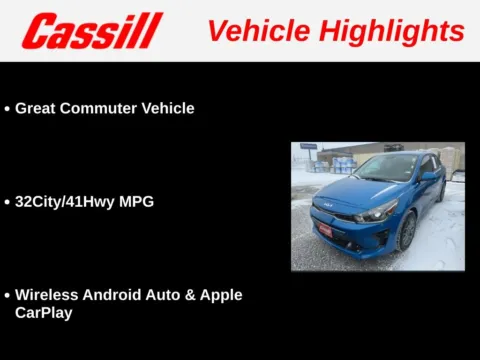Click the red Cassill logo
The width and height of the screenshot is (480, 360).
(91, 31)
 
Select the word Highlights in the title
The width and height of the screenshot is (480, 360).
(396, 30)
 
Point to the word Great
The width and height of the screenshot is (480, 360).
(37, 108)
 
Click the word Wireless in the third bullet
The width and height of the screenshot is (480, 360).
(48, 295)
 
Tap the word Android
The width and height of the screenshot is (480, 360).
(117, 295)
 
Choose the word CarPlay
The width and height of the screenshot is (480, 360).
(44, 313)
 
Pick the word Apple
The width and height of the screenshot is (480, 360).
(220, 295)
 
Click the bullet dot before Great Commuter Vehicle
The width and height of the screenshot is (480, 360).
(8, 109)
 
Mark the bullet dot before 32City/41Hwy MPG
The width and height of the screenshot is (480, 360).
(8, 202)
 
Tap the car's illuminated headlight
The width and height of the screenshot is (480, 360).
(378, 212)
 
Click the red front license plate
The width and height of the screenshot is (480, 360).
(324, 229)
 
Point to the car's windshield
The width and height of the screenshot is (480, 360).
(384, 167)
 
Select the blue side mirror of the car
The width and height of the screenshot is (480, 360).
(428, 177)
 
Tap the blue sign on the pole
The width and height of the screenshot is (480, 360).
(308, 146)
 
